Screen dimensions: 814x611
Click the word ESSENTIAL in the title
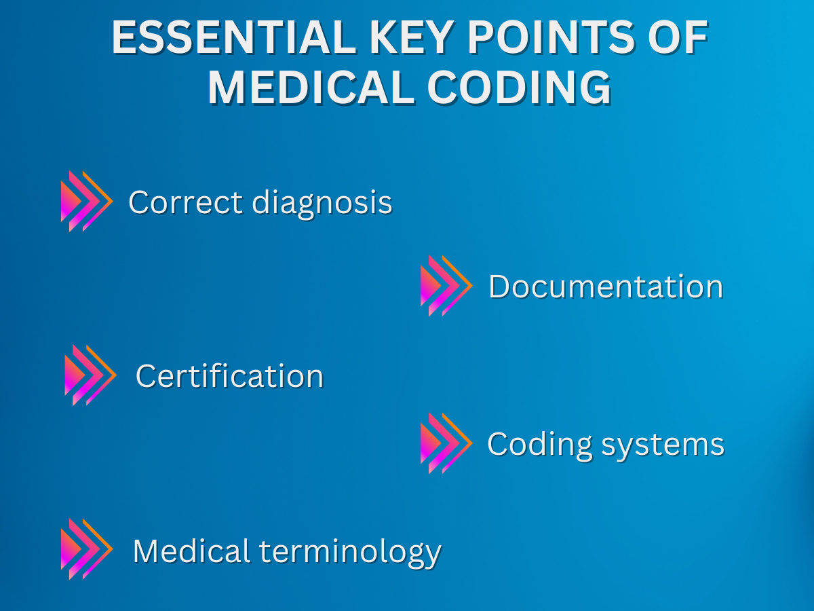234,37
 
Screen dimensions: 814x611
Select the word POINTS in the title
551,37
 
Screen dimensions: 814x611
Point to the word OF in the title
678,37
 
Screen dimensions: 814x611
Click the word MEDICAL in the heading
311,88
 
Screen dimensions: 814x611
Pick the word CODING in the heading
519,88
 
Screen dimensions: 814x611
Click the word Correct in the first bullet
185,202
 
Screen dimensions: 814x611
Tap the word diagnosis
322,204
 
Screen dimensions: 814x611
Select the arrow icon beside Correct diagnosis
87,201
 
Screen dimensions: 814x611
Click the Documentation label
606,286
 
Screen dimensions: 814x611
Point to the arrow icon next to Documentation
446,286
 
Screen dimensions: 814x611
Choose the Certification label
229,376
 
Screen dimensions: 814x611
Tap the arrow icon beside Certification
90,375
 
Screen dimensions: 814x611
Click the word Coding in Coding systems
539,445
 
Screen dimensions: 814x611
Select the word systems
663,446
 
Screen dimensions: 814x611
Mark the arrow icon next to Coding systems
446,443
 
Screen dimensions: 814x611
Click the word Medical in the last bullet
191,551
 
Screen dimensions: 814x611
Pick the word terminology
350,553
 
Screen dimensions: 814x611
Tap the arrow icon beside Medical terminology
87,549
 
